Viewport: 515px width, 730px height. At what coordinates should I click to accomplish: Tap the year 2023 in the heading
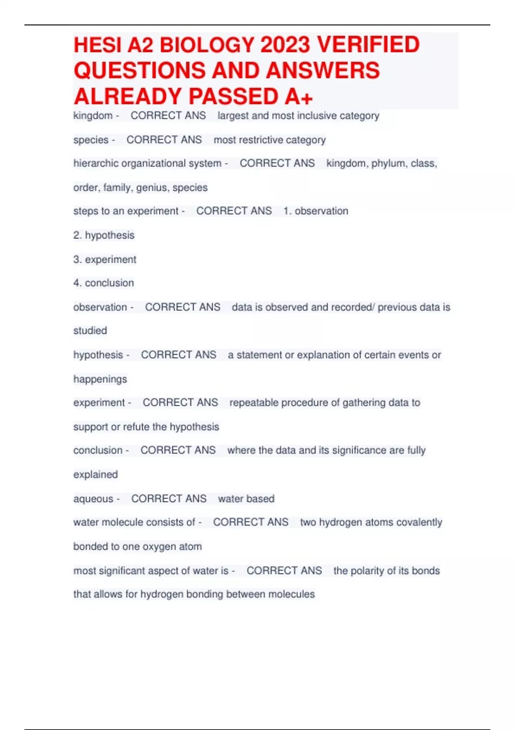point(285,45)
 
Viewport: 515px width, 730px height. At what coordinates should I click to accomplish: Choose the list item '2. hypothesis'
point(104,235)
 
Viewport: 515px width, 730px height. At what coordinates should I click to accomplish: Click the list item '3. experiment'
point(105,259)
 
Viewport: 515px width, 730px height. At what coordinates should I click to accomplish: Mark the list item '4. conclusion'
point(103,283)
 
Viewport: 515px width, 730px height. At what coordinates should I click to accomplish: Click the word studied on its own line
point(90,331)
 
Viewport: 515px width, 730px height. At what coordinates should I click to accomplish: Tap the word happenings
point(100,379)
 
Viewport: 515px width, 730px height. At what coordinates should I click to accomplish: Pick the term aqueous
point(93,499)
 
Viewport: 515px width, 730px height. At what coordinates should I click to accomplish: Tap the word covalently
point(419,523)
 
